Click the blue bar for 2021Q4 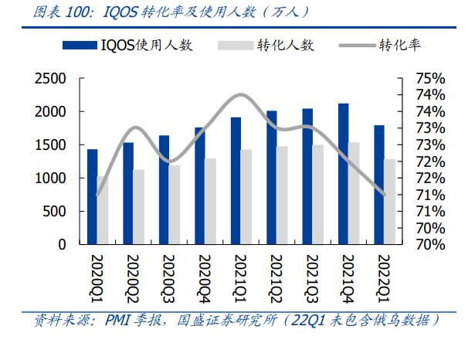pos(343,174)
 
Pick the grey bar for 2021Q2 pos(282,195)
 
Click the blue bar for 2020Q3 pos(164,189)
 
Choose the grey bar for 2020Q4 pos(210,201)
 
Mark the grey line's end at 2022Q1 pos(383,194)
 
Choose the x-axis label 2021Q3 pos(307,278)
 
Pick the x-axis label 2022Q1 pos(379,278)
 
